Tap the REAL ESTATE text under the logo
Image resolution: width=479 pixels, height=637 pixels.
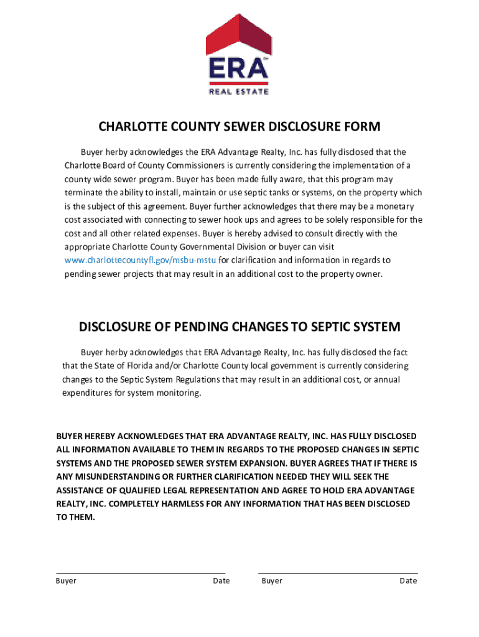239,91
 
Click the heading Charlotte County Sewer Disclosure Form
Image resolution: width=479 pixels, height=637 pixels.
240,127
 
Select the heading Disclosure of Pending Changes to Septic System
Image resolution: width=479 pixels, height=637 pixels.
240,327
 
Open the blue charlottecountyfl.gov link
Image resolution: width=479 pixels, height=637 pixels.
140,260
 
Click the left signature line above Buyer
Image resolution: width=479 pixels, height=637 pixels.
141,573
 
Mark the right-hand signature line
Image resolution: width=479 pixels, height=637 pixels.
338,573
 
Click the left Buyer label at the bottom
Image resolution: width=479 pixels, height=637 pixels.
66,581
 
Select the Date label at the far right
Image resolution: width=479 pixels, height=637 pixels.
408,581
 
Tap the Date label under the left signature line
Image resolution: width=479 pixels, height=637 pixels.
221,581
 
